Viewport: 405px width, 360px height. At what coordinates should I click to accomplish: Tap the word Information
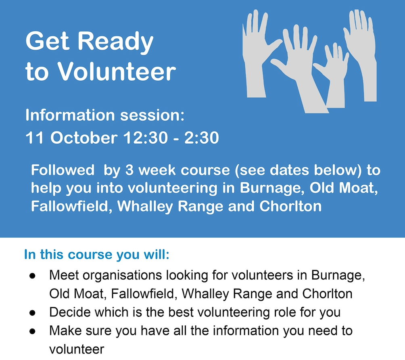pos(70,115)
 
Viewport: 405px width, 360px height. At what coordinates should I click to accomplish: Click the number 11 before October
pos(34,138)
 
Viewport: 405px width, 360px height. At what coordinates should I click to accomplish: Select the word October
pos(84,138)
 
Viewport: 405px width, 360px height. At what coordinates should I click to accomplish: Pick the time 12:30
pos(146,138)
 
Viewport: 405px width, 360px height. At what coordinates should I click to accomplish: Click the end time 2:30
pos(201,138)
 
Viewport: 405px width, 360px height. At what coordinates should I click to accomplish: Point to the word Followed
pos(63,170)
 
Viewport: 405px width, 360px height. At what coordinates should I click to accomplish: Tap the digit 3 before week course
pos(129,171)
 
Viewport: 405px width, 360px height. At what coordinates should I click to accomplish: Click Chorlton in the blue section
pos(290,206)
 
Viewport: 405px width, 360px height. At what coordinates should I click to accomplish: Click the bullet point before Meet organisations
pos(32,276)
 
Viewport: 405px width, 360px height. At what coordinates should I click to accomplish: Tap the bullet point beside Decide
pos(32,313)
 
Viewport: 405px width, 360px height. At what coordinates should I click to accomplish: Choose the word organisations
pos(123,276)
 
